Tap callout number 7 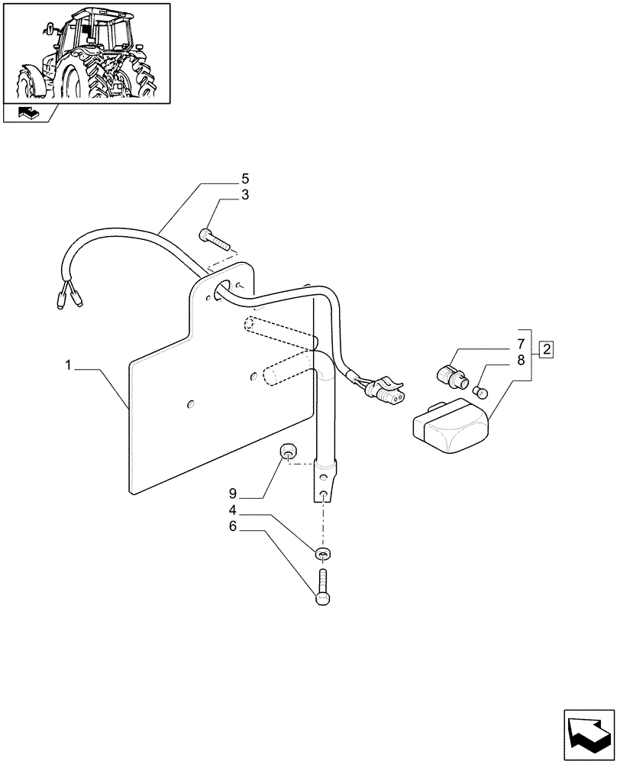(x=520, y=343)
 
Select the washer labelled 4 (x=324, y=553)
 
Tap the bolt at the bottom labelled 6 (x=324, y=589)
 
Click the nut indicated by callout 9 (x=288, y=452)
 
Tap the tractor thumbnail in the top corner (x=86, y=52)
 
